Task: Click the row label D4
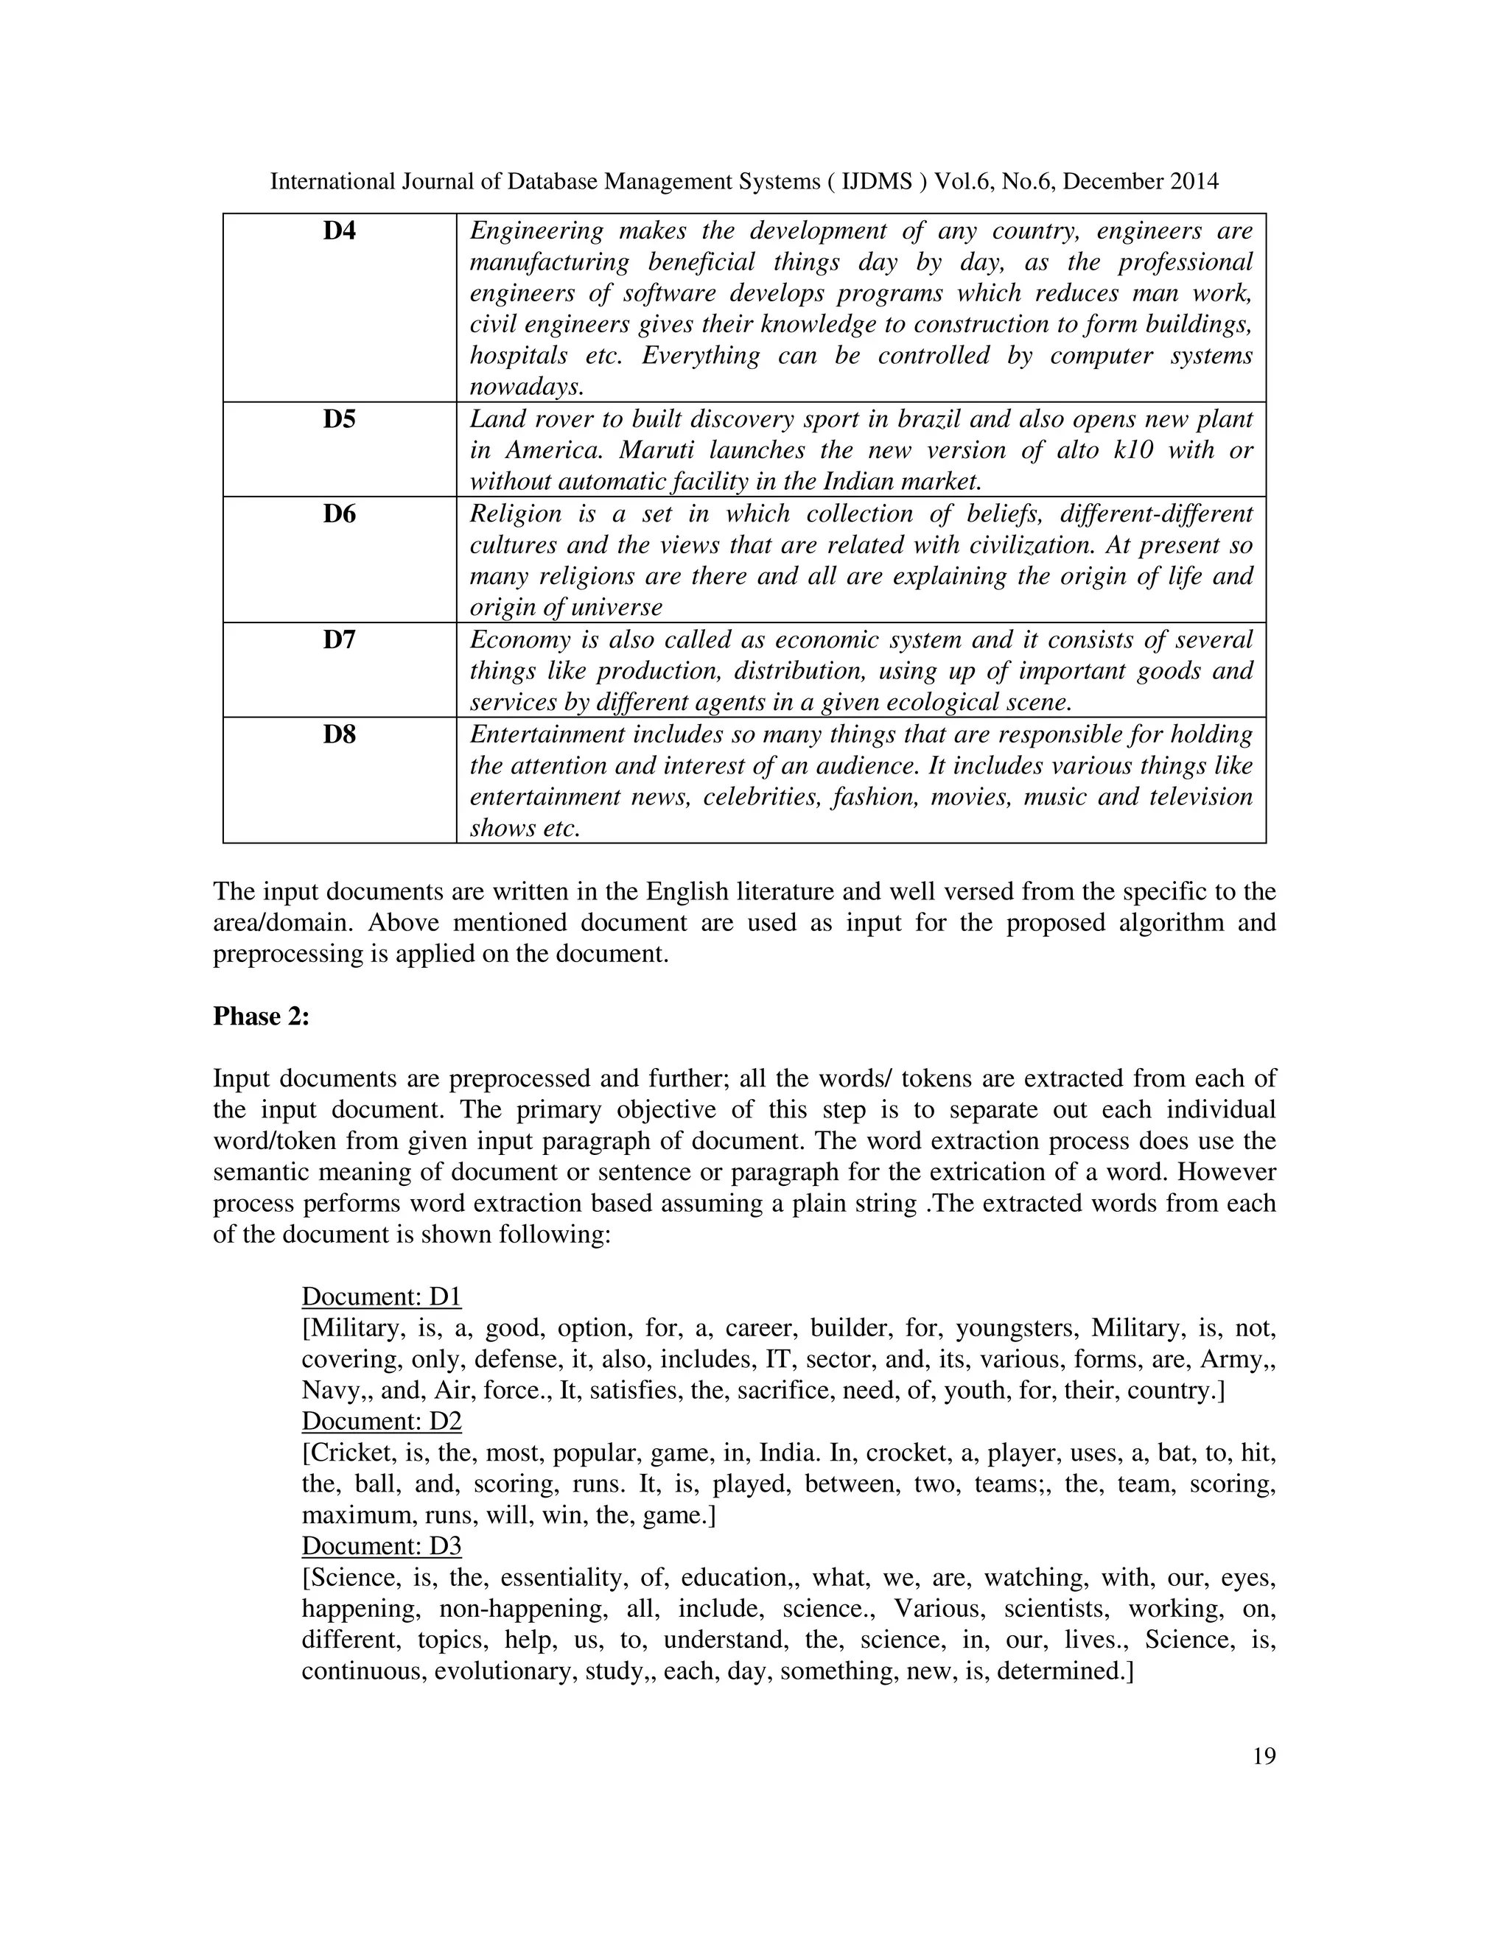tap(339, 231)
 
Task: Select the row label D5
tap(339, 419)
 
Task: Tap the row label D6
tap(339, 514)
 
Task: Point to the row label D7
tap(339, 640)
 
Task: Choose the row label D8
tap(339, 734)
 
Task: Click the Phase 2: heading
tap(261, 1017)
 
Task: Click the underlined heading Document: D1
tap(382, 1297)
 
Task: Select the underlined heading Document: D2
tap(382, 1421)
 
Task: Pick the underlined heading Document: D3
tap(382, 1546)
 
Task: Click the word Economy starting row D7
tap(519, 640)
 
